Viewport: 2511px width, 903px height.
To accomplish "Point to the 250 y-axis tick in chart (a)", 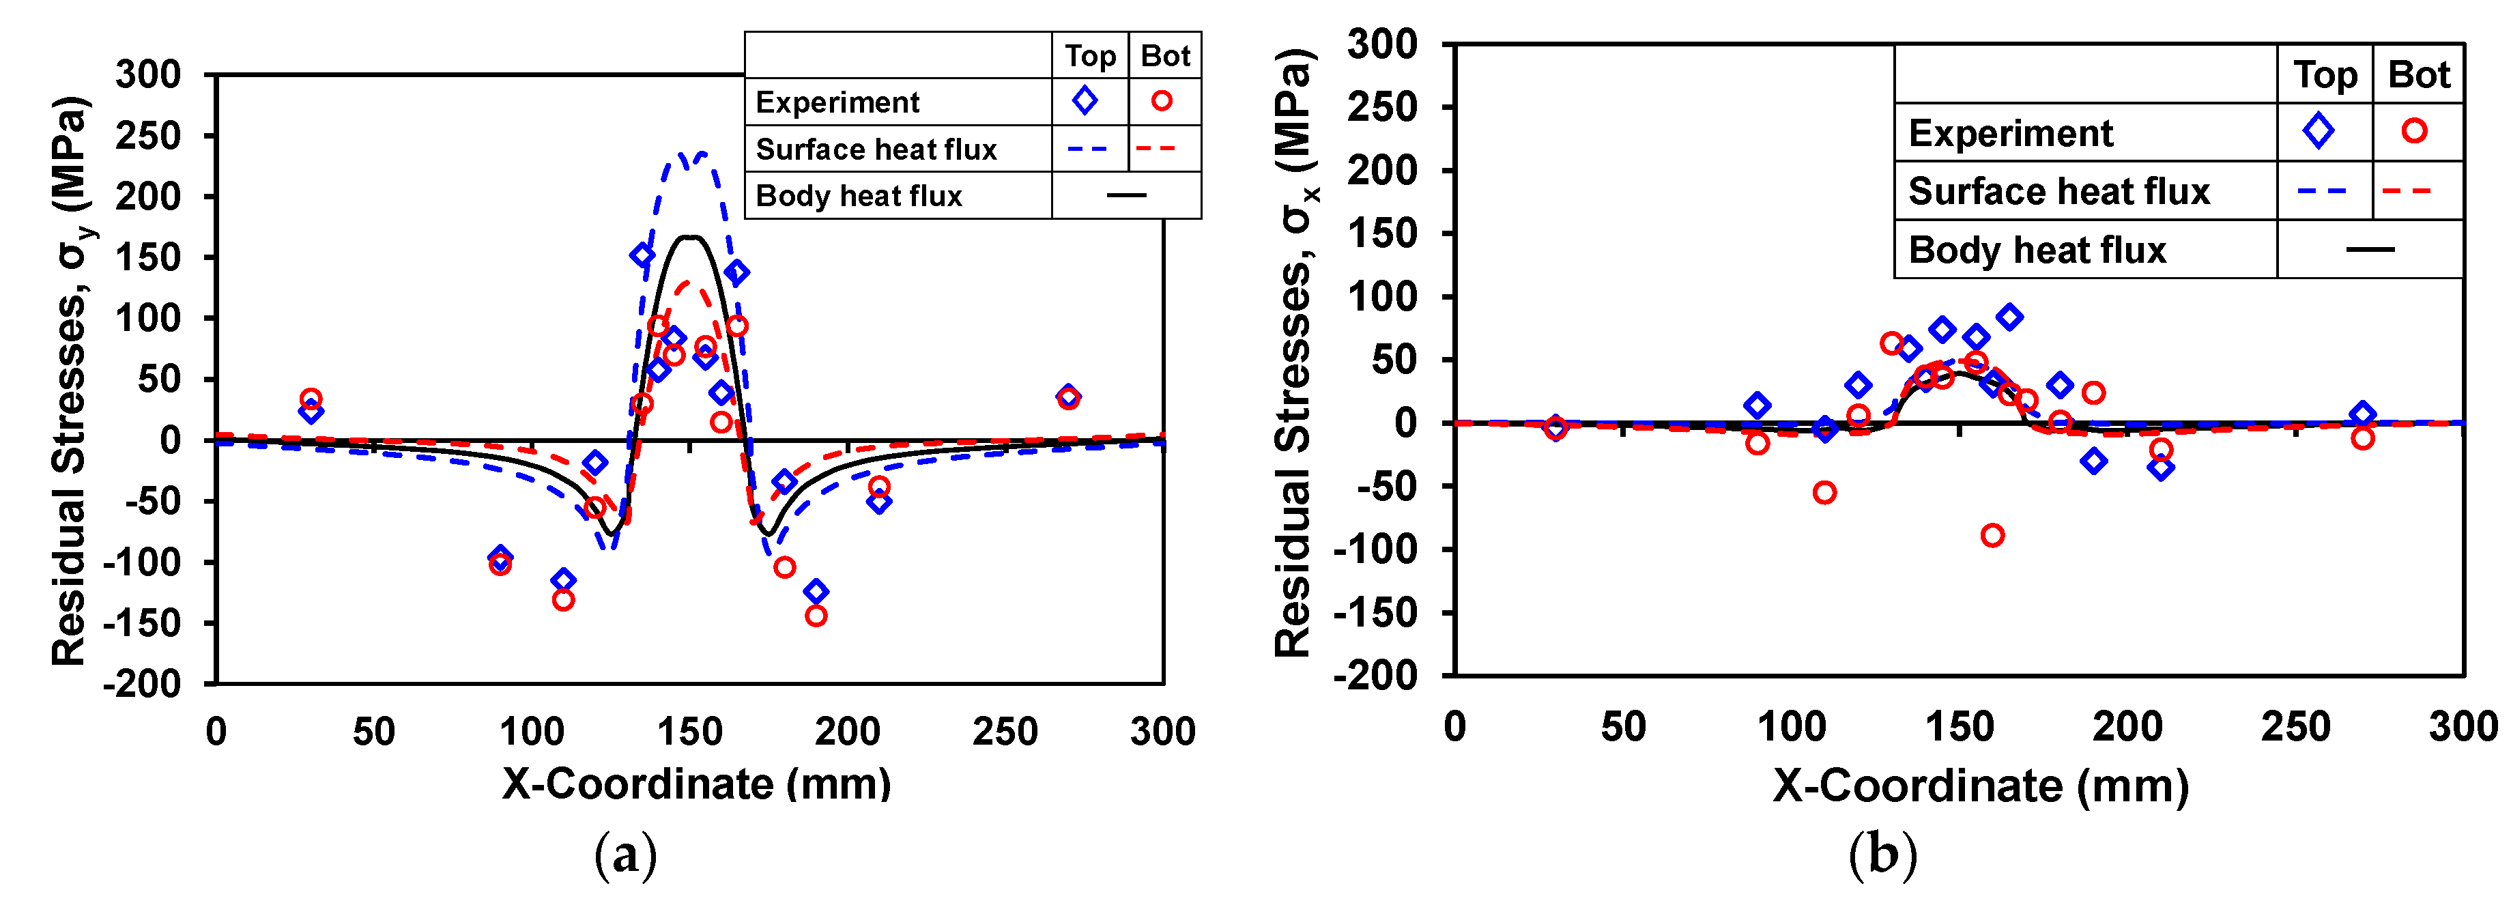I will pos(148,136).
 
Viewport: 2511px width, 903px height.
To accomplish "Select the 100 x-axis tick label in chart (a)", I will pos(531,732).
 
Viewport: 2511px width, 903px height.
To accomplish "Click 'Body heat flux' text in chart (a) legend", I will pos(858,196).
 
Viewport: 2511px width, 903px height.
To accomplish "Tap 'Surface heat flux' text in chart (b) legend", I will pos(2058,191).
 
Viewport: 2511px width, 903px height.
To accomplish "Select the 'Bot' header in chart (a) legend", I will pos(1165,55).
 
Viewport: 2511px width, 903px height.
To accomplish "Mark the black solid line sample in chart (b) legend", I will pos(2368,250).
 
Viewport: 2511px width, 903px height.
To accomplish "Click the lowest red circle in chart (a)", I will pos(816,616).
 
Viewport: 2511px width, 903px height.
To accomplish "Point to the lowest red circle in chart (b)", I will pos(1992,535).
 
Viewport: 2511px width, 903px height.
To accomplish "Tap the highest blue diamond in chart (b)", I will pos(2009,317).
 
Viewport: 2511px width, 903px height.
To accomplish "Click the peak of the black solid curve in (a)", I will pos(690,237).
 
